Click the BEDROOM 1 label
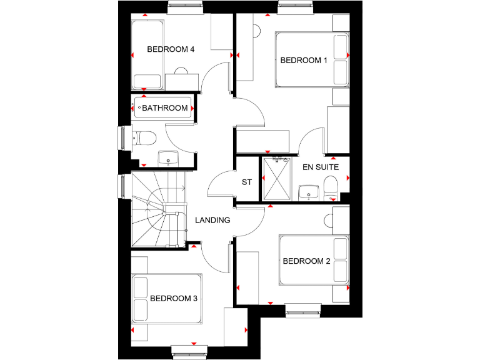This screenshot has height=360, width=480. coord(304,61)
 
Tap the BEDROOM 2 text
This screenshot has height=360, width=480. coord(306,261)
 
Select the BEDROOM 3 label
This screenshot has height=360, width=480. coord(174,299)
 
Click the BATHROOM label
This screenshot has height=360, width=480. coord(165,108)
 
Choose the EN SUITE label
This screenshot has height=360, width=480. coord(321,167)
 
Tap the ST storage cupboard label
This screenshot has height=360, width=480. coord(246,182)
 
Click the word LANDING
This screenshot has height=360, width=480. coord(212,220)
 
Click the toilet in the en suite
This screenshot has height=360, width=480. coord(331,185)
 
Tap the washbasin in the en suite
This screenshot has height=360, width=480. coord(309,192)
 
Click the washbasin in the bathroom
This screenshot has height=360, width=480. coord(167,159)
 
